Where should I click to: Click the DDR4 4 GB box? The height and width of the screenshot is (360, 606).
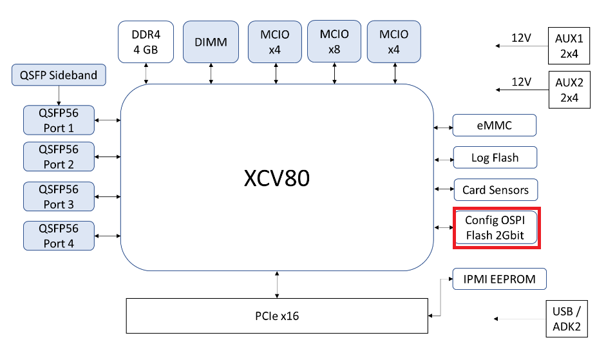click(x=146, y=42)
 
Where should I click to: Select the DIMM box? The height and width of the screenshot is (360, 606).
click(x=211, y=42)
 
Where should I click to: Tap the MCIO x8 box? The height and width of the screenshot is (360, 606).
click(x=334, y=41)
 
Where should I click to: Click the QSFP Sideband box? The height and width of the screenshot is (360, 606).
click(x=59, y=75)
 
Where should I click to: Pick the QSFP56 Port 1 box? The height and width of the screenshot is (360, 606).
click(x=59, y=120)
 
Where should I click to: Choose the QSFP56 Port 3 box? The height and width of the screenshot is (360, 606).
click(x=59, y=196)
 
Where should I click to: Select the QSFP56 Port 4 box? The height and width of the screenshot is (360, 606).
click(x=59, y=236)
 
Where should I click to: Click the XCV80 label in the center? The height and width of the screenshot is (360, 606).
click(x=276, y=178)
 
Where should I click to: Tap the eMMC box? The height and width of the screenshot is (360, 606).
click(x=494, y=126)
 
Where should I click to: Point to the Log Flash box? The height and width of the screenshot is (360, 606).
click(x=495, y=158)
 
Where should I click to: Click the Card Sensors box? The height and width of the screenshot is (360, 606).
click(x=495, y=190)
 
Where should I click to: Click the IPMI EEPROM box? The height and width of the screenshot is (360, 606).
click(x=500, y=279)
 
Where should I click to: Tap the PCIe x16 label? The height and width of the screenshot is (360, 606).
click(x=276, y=316)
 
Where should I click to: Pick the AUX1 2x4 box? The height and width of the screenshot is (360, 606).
click(x=569, y=46)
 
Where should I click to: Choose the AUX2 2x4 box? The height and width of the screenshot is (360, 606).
click(x=569, y=90)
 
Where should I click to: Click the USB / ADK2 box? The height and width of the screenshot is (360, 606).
click(x=567, y=319)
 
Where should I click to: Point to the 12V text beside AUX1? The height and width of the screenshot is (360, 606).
click(x=521, y=38)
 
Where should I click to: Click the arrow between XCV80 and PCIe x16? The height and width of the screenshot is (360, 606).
click(x=277, y=285)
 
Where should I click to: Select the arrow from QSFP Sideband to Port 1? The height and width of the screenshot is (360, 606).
click(x=59, y=95)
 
